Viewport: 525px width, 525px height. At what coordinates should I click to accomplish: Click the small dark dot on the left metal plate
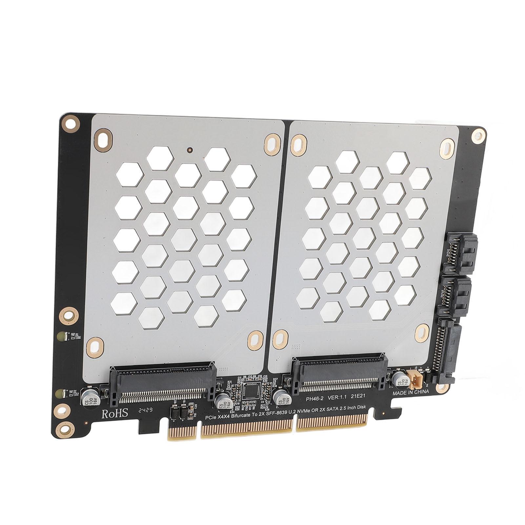[189, 150]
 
